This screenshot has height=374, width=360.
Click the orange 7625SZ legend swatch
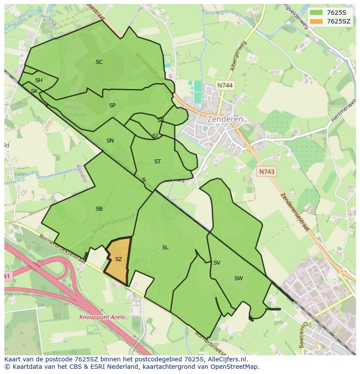317,21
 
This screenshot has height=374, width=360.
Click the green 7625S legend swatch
317,13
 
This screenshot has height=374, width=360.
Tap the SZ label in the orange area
119,259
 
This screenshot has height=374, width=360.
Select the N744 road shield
224,86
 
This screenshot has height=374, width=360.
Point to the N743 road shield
267,172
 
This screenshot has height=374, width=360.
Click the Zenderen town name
225,119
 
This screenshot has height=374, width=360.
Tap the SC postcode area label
99,62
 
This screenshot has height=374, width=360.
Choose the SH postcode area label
39,80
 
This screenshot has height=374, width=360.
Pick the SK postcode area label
34,91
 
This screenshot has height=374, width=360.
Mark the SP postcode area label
112,106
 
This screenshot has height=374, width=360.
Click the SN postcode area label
110,141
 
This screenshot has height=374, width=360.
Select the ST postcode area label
157,162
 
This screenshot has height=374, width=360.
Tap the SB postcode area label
99,209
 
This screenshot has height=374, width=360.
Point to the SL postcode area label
165,248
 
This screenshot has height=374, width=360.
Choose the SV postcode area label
217,263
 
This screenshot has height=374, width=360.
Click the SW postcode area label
238,278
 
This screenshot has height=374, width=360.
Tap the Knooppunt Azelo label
102,317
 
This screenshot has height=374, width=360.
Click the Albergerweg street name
239,56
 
